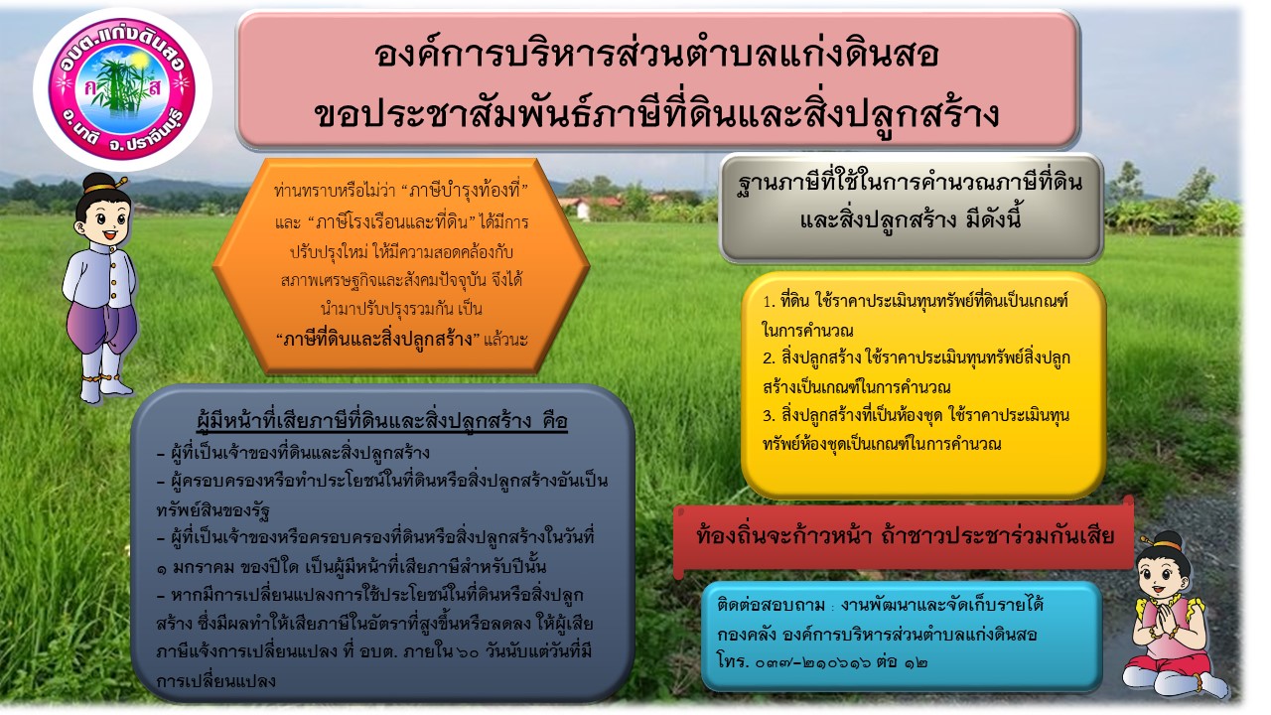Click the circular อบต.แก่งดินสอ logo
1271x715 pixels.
point(122,89)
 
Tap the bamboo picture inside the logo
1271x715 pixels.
point(122,85)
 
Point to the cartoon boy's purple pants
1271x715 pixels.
point(101,327)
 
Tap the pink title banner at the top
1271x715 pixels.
point(657,80)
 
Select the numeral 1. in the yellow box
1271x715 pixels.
point(769,301)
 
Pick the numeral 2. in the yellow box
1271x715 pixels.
point(769,358)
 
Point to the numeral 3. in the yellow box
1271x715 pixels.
point(769,416)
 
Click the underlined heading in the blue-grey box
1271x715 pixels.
point(382,420)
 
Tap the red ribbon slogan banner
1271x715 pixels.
point(905,536)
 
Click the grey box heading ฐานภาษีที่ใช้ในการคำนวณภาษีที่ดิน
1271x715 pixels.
point(911,183)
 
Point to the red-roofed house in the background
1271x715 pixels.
point(585,207)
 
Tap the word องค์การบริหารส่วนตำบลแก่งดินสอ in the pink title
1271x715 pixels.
point(656,55)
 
